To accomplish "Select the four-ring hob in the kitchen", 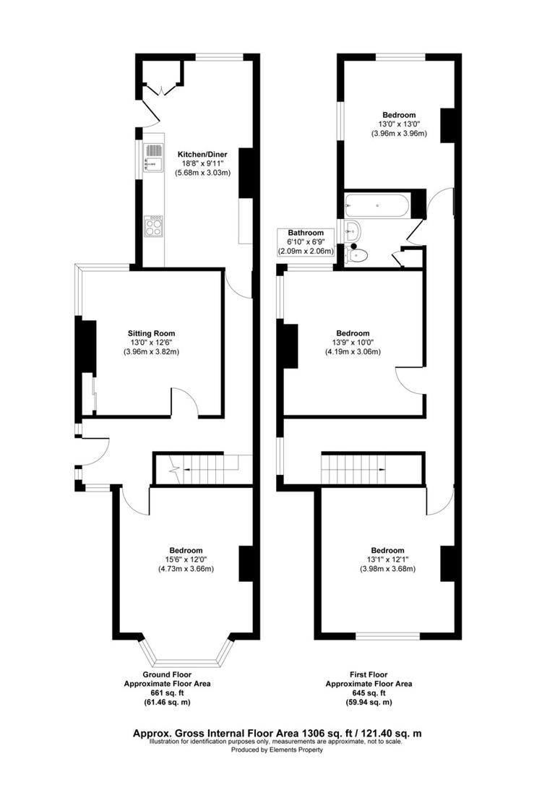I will point(154,228).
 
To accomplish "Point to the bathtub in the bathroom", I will point(377,206).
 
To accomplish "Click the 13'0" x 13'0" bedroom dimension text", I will point(399,124).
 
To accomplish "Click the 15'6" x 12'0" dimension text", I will point(186,559).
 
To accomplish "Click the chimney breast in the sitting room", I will point(87,347).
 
